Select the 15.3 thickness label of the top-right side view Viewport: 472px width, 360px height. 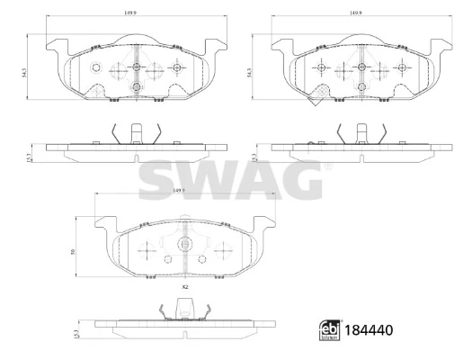(255, 157)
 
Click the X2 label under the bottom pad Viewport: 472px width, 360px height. (184, 286)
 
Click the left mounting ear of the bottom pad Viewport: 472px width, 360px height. (102, 223)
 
